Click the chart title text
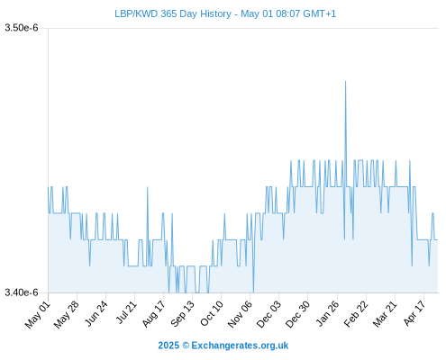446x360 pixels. [x=225, y=13]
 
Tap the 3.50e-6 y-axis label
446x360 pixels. [x=22, y=28]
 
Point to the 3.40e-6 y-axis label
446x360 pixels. [x=22, y=292]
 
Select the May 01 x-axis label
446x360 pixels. [x=38, y=315]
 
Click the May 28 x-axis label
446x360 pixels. [x=67, y=315]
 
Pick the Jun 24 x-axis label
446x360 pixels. [x=96, y=314]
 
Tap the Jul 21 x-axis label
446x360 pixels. [x=126, y=313]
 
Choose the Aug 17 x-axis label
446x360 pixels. [x=153, y=314]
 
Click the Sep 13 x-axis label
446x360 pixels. [x=183, y=314]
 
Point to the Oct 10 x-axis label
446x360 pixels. [x=212, y=314]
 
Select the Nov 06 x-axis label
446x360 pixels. [x=240, y=315]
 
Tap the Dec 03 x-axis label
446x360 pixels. [x=269, y=315]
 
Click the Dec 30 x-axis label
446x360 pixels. [x=297, y=315]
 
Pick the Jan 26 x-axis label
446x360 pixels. [x=327, y=314]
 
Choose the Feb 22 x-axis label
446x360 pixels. [x=356, y=314]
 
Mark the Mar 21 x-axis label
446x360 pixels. [x=385, y=314]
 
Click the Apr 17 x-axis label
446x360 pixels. [x=414, y=314]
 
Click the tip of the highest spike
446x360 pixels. [x=345, y=81]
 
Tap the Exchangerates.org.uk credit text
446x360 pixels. [x=240, y=346]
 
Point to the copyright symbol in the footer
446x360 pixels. [x=186, y=346]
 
